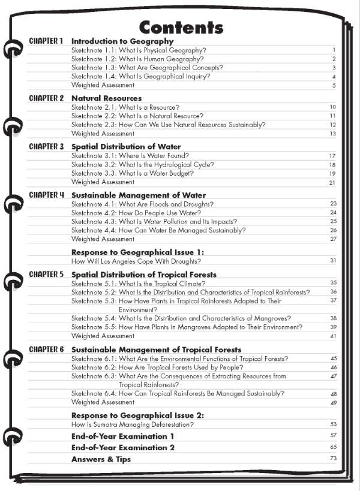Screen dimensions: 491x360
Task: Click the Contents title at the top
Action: (x=181, y=27)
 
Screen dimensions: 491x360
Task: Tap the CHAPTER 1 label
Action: (x=46, y=41)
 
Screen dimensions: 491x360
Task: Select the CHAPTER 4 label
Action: (x=46, y=195)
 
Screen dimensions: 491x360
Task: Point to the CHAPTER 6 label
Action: (x=46, y=350)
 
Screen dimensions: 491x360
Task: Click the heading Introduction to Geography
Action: (x=122, y=41)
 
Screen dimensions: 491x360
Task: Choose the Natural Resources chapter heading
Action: (x=106, y=98)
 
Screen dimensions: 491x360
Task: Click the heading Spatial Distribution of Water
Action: (x=126, y=146)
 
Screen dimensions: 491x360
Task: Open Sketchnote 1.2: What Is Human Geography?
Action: (x=137, y=59)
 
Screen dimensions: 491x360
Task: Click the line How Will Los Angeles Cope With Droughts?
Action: (x=136, y=261)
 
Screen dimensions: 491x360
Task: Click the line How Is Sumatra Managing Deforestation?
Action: (x=133, y=424)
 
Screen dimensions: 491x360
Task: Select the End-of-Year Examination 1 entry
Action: (x=123, y=436)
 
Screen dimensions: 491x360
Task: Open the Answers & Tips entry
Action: (x=101, y=459)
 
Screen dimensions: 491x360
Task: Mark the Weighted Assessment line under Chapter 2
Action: (x=103, y=133)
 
